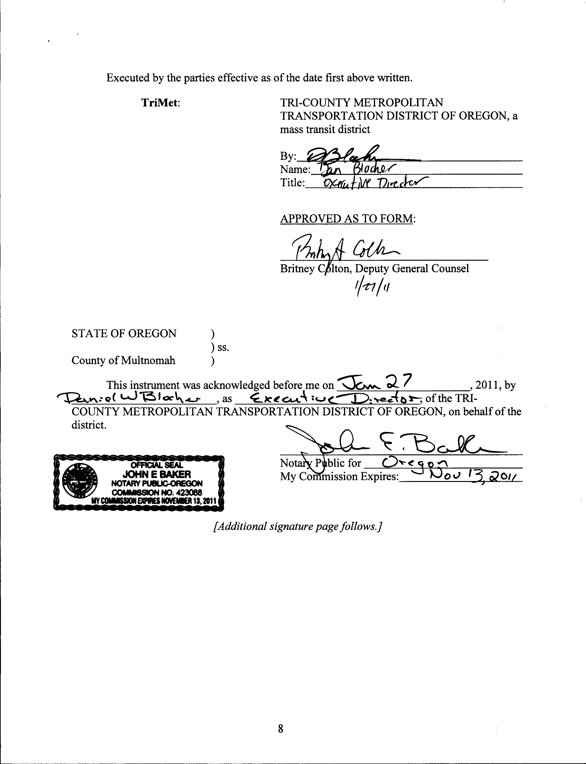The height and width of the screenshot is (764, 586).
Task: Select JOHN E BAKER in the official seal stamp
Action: tap(156, 474)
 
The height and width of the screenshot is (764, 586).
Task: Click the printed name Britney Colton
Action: tap(307, 269)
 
